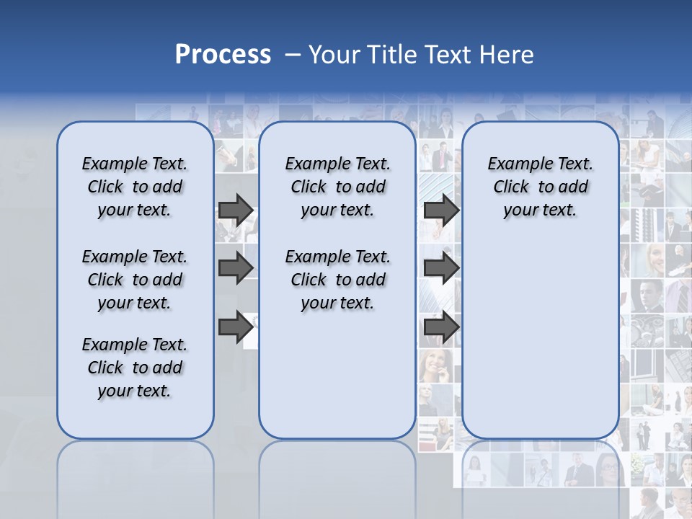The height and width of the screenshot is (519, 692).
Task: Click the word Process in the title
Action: pyautogui.click(x=223, y=55)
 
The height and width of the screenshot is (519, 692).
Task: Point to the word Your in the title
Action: pyautogui.click(x=335, y=55)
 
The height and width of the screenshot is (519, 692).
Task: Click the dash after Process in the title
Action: pyautogui.click(x=293, y=56)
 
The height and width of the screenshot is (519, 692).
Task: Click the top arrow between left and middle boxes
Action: pyautogui.click(x=236, y=210)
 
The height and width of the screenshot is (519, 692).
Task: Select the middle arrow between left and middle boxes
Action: pyautogui.click(x=236, y=268)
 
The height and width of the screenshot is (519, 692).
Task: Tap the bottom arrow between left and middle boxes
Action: pyautogui.click(x=236, y=327)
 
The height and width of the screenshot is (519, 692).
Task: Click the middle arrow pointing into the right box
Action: pyautogui.click(x=441, y=268)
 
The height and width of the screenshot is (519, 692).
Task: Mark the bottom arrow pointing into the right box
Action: pyautogui.click(x=441, y=327)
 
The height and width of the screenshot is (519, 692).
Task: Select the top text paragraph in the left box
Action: pyautogui.click(x=135, y=187)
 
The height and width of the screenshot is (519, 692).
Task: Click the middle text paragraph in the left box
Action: pyautogui.click(x=135, y=280)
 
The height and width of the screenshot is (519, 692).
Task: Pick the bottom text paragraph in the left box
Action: pyautogui.click(x=135, y=368)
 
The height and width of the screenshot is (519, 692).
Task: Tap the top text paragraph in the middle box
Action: pyautogui.click(x=337, y=187)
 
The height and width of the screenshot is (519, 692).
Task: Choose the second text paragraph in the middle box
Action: pyautogui.click(x=337, y=280)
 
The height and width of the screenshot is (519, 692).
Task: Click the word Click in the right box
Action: pyautogui.click(x=511, y=187)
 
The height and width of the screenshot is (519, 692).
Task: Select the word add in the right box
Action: pyautogui.click(x=574, y=187)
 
